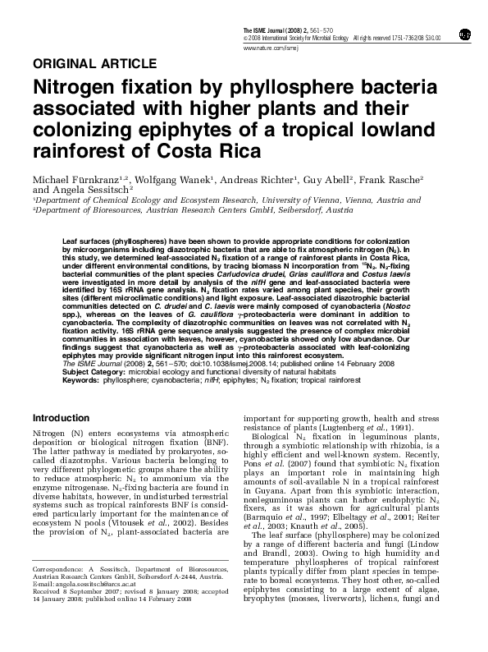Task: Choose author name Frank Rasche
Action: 392,179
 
